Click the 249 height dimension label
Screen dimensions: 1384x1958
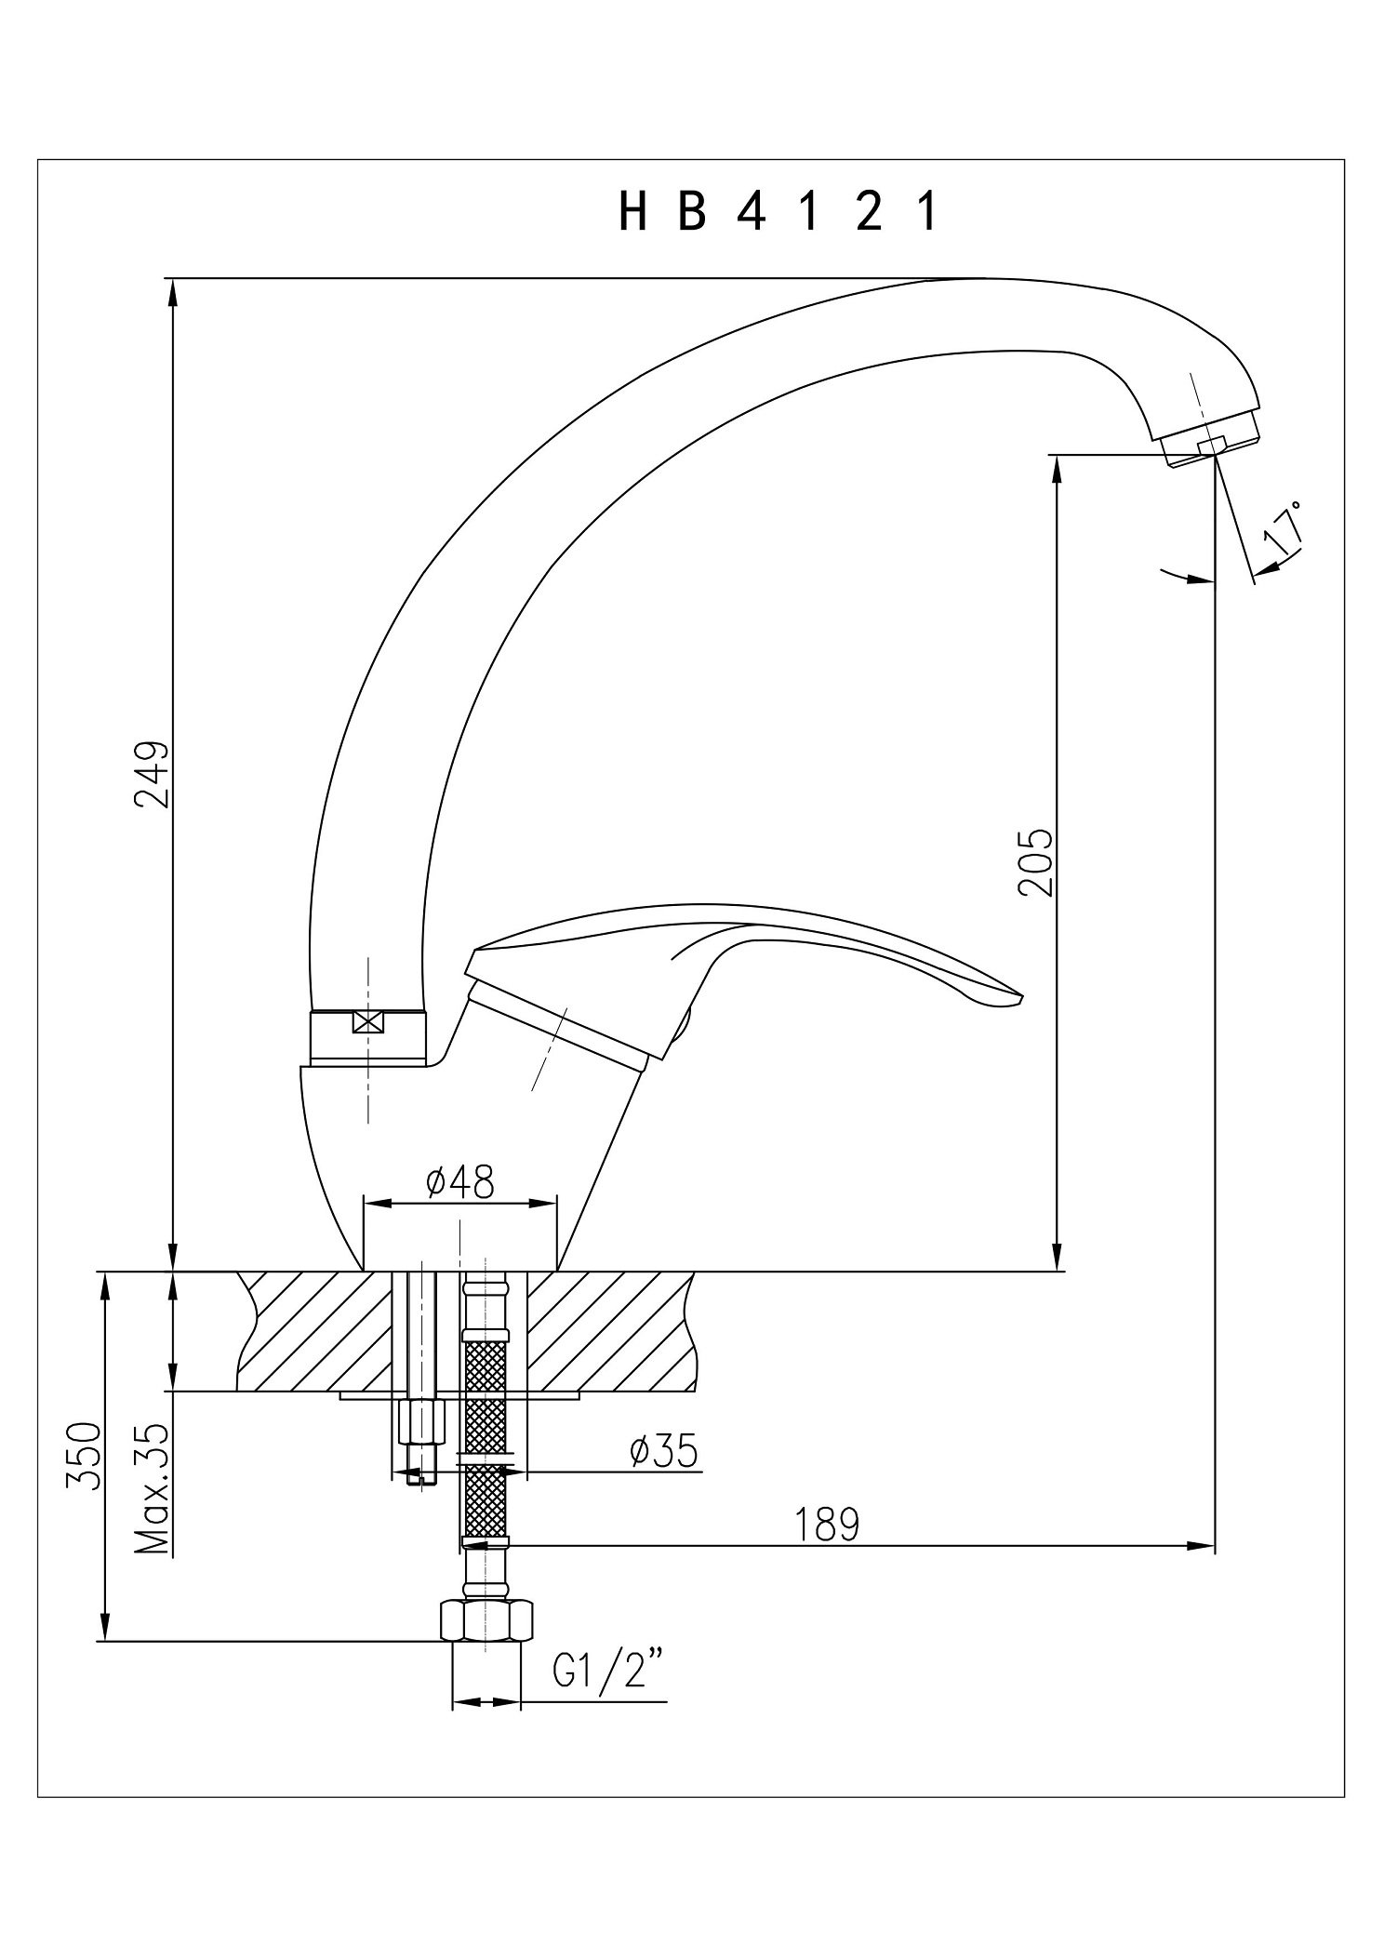click(x=151, y=774)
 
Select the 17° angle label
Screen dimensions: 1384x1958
click(x=1283, y=530)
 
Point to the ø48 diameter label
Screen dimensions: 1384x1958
click(x=459, y=1182)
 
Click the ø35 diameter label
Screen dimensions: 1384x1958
click(x=663, y=1451)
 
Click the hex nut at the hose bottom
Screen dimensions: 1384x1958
click(x=486, y=1620)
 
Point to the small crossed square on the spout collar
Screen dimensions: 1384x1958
click(x=368, y=1021)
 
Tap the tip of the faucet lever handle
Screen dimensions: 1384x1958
click(x=1021, y=999)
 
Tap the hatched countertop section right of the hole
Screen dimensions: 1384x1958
click(x=610, y=1331)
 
